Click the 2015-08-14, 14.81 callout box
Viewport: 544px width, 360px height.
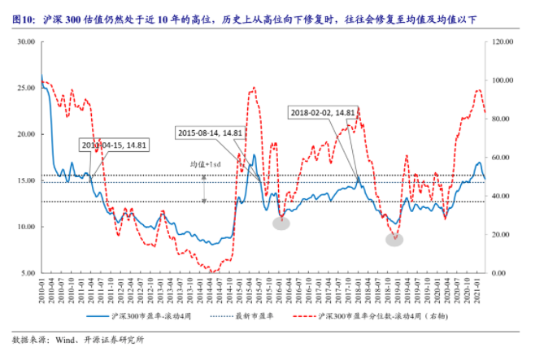point(211,132)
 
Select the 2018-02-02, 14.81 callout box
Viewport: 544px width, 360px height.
point(323,113)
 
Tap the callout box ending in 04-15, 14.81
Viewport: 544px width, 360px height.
point(113,145)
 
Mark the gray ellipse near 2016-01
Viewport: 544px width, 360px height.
point(281,223)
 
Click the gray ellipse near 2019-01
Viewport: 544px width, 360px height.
point(394,240)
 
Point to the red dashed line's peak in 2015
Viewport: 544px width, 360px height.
point(254,88)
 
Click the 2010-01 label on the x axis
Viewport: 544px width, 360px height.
point(41,290)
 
